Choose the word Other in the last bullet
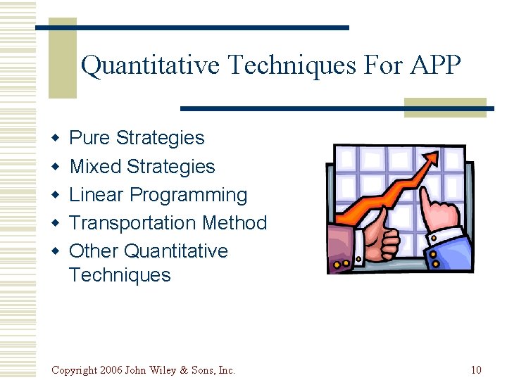pos(94,251)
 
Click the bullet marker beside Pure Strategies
pos(54,139)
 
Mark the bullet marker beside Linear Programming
pos(54,196)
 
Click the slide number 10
pos(476,370)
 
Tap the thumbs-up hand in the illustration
pos(377,239)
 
